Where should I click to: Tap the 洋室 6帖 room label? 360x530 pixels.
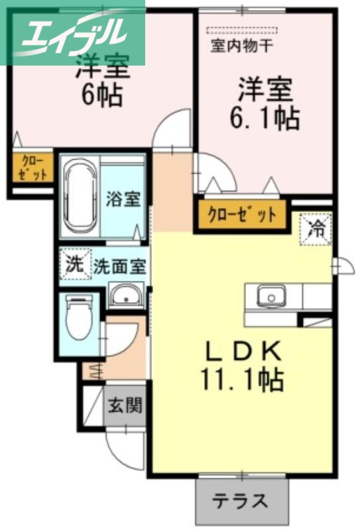click(x=101, y=83)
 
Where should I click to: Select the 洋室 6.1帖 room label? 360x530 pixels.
click(x=264, y=104)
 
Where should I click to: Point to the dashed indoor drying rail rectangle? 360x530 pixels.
click(x=241, y=30)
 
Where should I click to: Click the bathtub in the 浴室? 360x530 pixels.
click(x=82, y=197)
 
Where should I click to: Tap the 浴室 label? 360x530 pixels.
click(x=123, y=199)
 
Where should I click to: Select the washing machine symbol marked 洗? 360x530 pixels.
click(x=74, y=264)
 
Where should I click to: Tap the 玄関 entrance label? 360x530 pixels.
click(x=125, y=405)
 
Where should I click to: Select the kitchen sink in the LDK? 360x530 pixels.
click(x=271, y=295)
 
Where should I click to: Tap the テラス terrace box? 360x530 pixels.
click(x=241, y=500)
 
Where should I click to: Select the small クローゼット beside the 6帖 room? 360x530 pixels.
click(x=31, y=166)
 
